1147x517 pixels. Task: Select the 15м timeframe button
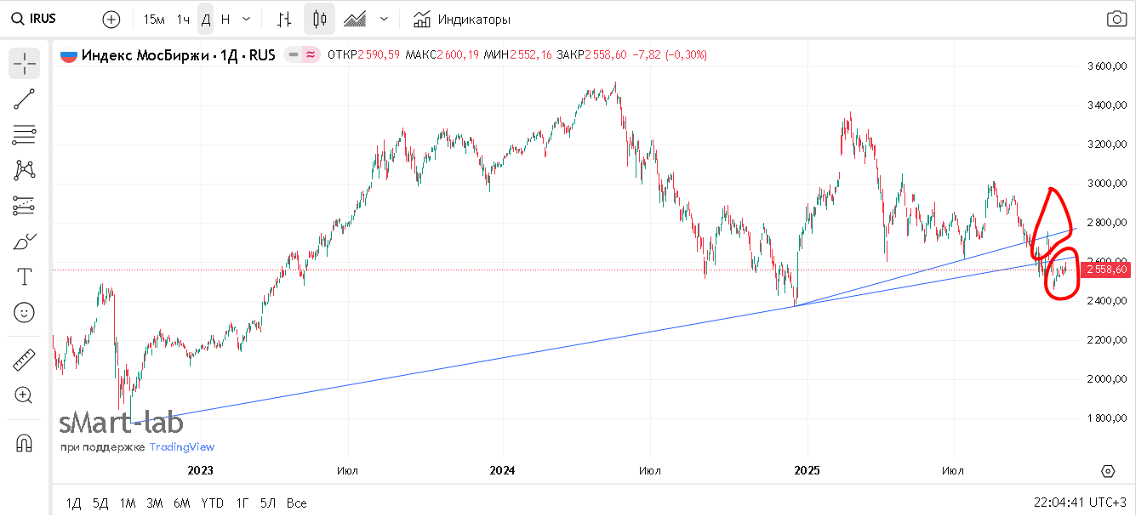point(154,19)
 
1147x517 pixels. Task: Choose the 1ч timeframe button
point(183,19)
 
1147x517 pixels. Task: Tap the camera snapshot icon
point(1116,19)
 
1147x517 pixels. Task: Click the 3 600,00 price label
point(1107,66)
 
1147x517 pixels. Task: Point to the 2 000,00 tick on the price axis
point(1107,379)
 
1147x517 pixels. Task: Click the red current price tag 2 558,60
point(1107,270)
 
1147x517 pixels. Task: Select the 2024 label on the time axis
point(503,470)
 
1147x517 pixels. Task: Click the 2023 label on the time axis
point(200,470)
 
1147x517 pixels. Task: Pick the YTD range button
point(212,503)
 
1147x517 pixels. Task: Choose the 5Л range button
point(268,503)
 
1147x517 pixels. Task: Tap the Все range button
point(296,503)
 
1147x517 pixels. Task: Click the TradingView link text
point(182,447)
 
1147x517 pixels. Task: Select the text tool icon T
point(24,276)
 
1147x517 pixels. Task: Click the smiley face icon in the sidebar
point(24,312)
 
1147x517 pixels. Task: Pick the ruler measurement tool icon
point(24,360)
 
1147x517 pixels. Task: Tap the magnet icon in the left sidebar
point(24,443)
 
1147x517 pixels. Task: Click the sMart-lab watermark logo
point(121,423)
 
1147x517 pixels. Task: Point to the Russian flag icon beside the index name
point(68,55)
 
